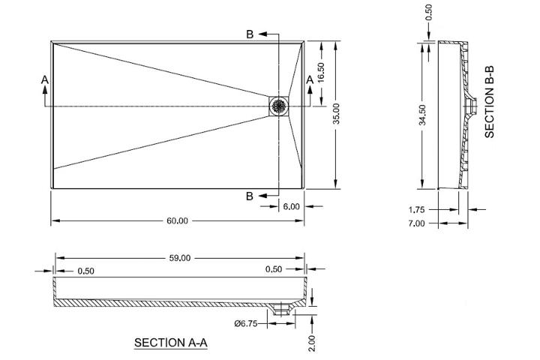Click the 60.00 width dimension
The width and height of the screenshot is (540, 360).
(x=177, y=220)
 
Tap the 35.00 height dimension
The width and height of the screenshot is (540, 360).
(x=337, y=113)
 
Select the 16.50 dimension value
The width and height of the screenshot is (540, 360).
(x=321, y=72)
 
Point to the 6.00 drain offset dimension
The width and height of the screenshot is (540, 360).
(x=291, y=206)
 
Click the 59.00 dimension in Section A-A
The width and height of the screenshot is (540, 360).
(x=180, y=258)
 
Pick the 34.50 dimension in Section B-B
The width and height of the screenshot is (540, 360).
(x=422, y=115)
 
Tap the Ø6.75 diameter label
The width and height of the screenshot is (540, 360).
(x=245, y=323)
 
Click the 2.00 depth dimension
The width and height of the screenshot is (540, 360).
(x=311, y=343)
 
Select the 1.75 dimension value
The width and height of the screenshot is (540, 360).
(x=417, y=209)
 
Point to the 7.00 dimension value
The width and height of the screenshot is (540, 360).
(x=417, y=223)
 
